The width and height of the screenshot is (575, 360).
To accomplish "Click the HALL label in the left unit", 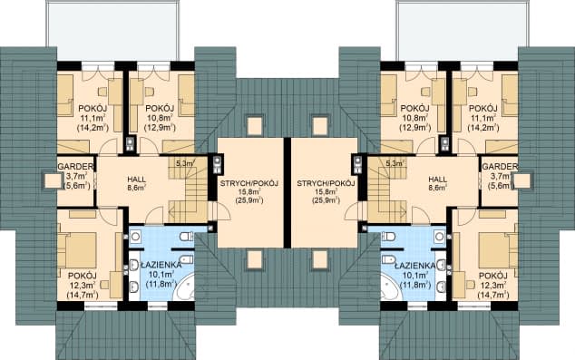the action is point(136,180).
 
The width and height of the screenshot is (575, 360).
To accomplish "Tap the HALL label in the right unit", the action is point(438,180).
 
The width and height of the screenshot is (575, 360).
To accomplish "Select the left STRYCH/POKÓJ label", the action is point(249,183).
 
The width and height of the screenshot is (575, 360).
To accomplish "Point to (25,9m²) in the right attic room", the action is point(326,200).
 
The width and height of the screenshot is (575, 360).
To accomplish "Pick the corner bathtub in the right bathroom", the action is point(392,288).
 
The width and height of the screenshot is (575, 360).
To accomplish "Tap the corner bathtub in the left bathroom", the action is point(184,288).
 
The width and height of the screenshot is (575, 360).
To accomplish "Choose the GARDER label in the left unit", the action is point(76,167).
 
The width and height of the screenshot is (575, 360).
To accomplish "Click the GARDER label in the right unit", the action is point(500,167).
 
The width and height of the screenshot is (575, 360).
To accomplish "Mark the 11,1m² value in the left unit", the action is point(93,118).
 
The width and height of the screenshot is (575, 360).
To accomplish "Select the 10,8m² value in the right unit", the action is point(414,118).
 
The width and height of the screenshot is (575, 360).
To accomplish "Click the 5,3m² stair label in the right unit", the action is point(395,163).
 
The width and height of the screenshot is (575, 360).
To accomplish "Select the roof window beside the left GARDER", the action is point(53,180).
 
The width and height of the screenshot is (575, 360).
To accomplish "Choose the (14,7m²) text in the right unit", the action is point(493,294).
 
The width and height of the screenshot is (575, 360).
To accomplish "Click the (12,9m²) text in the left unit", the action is point(161,128).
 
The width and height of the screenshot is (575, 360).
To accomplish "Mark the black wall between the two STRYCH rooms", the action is point(287,193).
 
